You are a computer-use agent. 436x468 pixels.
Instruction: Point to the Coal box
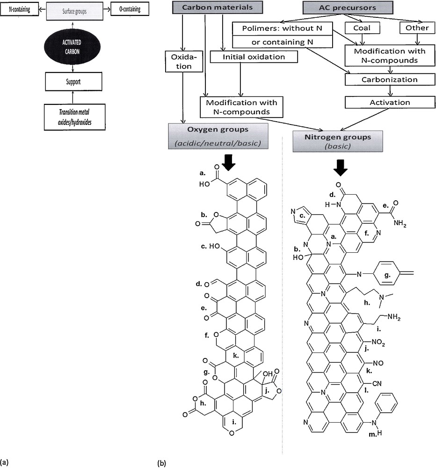[362, 28]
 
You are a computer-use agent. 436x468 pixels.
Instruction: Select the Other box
[416, 28]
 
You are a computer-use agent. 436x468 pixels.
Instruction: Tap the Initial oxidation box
[254, 57]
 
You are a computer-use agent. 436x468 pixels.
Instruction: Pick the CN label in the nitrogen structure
[377, 383]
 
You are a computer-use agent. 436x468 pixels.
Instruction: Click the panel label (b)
[162, 463]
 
